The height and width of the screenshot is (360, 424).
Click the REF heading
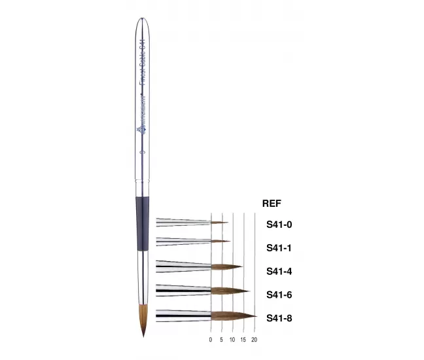pos(271,204)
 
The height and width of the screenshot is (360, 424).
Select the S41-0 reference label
pos(279,225)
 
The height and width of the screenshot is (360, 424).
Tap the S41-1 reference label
pos(279,247)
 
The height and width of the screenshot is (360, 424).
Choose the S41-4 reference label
pos(279,271)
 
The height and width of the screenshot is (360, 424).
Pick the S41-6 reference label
pos(279,295)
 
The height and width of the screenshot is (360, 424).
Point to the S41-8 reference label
pos(279,318)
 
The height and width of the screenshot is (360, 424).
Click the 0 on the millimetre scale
pos(211,340)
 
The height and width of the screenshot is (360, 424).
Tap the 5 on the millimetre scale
pos(221,340)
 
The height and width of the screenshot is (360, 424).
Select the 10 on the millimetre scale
pos(232,340)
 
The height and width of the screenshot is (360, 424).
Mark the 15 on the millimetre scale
pos(243,340)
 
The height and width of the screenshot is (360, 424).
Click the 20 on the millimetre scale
pos(254,340)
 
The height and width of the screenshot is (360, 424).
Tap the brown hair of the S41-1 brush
pos(221,242)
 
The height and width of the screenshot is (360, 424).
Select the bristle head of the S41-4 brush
pos(226,266)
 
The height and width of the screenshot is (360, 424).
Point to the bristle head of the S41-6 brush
pos(229,291)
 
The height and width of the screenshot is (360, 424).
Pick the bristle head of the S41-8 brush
pos(232,316)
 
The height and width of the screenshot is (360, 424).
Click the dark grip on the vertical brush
pos(143,223)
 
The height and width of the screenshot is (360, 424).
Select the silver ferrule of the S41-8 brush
pos(183,315)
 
